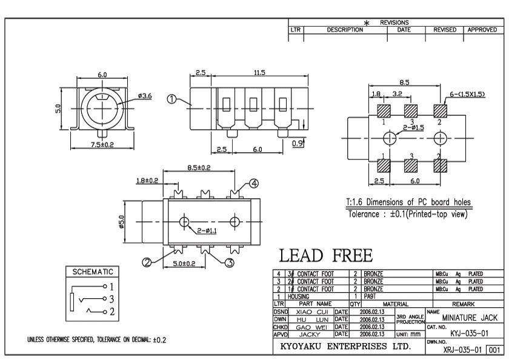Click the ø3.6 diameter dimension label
144,95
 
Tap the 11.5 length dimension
259,73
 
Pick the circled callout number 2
146,262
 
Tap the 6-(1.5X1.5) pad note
467,95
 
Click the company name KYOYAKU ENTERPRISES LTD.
346,347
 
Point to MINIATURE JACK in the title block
470,318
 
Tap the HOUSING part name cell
298,296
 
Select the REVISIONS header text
394,22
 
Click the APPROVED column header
482,29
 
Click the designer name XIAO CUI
313,311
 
